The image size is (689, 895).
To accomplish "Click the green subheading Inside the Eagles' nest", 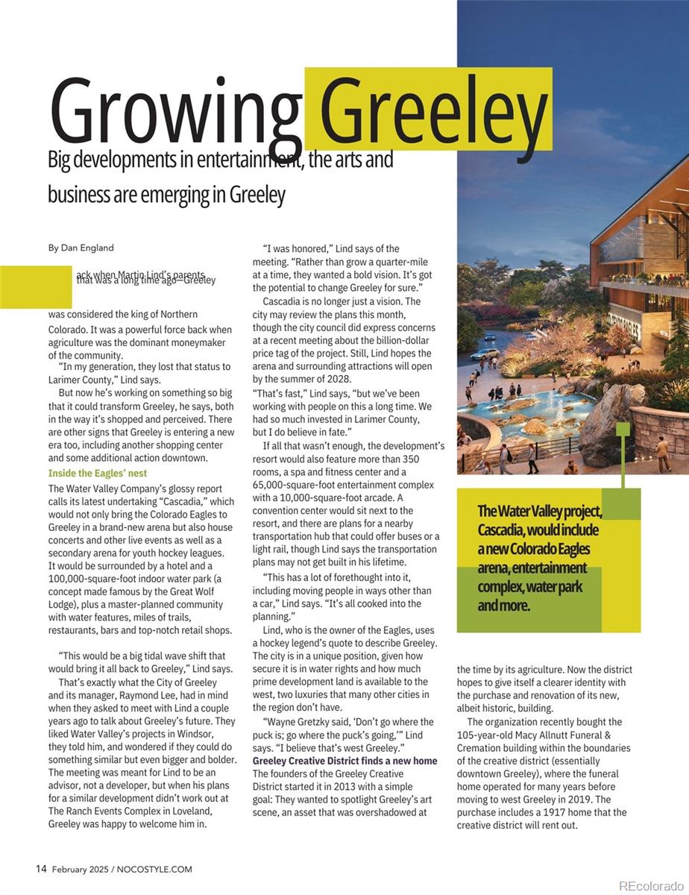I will pyautogui.click(x=98, y=473).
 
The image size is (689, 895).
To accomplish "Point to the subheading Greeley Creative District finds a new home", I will pyautogui.click(x=345, y=761).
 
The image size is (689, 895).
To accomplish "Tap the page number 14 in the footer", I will pyautogui.click(x=42, y=869).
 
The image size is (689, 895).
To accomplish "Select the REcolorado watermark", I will pyautogui.click(x=649, y=885).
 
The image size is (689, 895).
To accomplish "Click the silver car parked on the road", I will pyautogui.click(x=485, y=354).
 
